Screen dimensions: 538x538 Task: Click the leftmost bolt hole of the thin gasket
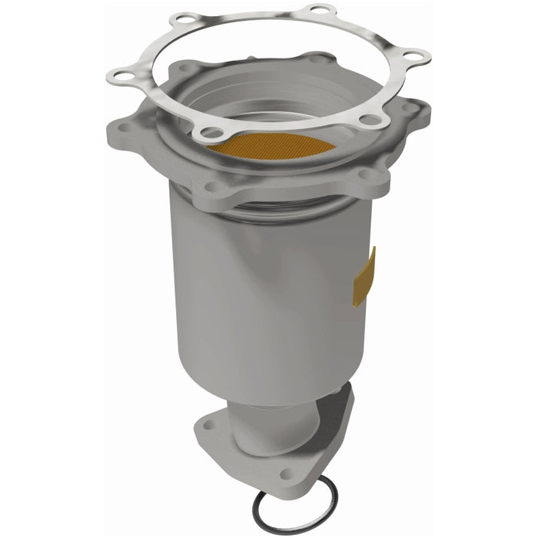[x=119, y=75]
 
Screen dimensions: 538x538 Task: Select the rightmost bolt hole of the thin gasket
[x=416, y=56]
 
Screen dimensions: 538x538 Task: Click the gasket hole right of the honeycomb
[x=370, y=119]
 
